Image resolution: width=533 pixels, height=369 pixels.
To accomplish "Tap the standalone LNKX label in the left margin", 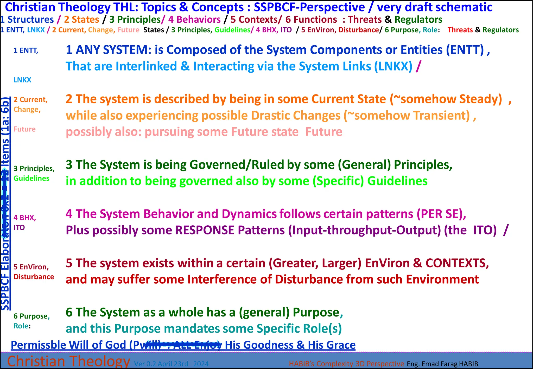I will pyautogui.click(x=22, y=80).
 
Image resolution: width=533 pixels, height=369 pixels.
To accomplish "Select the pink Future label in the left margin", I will pyautogui.click(x=24, y=129).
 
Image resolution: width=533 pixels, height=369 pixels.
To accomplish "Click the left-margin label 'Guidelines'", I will pyautogui.click(x=31, y=178).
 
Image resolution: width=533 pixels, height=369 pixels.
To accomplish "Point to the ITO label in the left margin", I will pyautogui.click(x=19, y=227).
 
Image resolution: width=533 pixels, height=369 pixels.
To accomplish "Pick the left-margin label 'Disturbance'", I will pyautogui.click(x=34, y=277).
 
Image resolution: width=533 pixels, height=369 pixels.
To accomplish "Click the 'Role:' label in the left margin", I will pyautogui.click(x=22, y=326).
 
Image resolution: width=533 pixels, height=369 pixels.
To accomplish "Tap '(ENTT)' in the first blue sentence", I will pyautogui.click(x=465, y=50).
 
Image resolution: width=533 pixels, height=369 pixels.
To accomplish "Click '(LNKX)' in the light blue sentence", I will pyautogui.click(x=393, y=66).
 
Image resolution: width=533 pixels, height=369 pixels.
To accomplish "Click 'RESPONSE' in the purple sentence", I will pyautogui.click(x=205, y=230).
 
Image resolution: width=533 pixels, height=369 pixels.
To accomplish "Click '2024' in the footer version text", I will pyautogui.click(x=201, y=364).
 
